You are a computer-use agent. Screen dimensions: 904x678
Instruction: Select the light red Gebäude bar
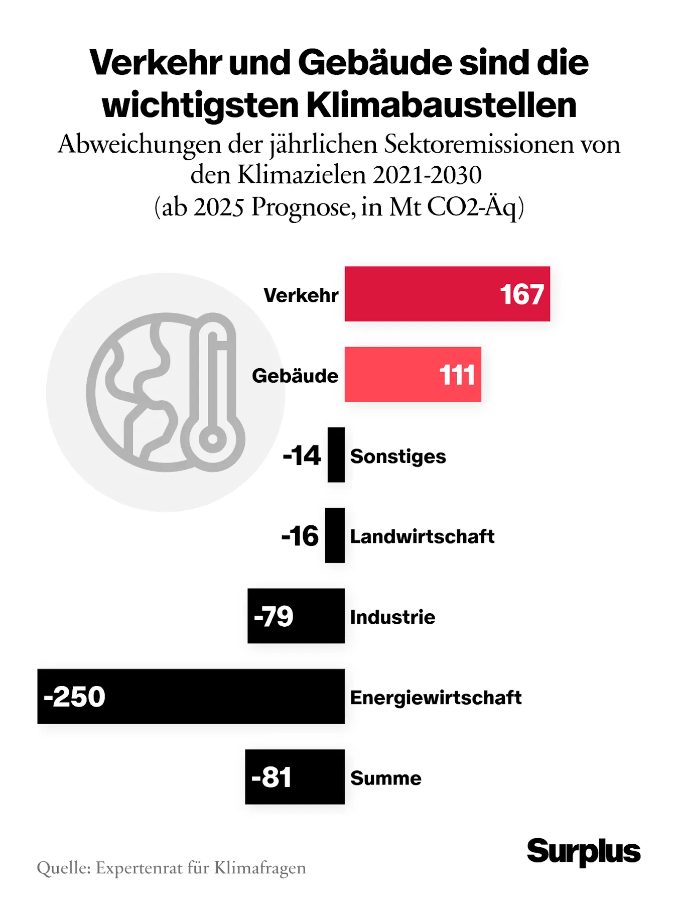tap(391, 374)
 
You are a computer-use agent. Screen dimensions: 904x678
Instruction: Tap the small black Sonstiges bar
tap(336, 455)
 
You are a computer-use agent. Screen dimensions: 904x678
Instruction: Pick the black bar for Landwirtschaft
tap(335, 535)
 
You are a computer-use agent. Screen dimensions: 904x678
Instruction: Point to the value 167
tap(522, 294)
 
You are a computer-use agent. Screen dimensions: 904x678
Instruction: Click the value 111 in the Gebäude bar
tap(457, 375)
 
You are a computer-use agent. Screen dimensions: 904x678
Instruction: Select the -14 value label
tap(302, 456)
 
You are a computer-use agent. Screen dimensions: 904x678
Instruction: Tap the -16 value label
tap(300, 536)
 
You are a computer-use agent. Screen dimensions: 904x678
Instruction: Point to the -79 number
tap(274, 616)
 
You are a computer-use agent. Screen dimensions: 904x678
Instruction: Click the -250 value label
tap(74, 697)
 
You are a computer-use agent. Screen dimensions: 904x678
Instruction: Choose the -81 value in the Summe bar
tap(272, 777)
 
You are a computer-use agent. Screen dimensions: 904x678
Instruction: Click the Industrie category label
tap(392, 617)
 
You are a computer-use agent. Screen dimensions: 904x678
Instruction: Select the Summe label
tap(385, 778)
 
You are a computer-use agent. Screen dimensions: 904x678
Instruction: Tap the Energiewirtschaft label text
tap(436, 698)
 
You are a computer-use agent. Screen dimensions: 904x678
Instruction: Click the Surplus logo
tap(584, 852)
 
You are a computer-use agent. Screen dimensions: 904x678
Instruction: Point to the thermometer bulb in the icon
tap(212, 439)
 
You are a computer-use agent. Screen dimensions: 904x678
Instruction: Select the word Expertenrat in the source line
tap(139, 868)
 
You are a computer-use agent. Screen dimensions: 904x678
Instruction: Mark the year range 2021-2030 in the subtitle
tap(427, 175)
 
